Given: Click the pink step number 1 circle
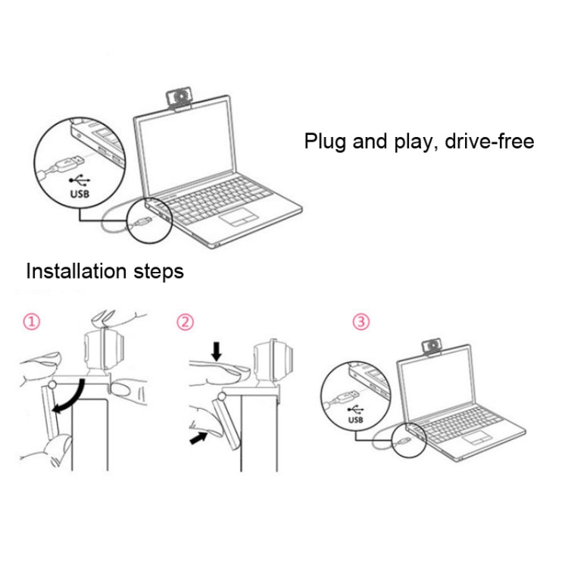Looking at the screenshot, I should (30, 323).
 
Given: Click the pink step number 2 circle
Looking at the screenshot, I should (185, 323).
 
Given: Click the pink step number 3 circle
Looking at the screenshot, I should (361, 323).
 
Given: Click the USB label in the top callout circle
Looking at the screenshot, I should (79, 193).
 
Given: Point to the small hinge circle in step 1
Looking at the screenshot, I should (51, 385).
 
